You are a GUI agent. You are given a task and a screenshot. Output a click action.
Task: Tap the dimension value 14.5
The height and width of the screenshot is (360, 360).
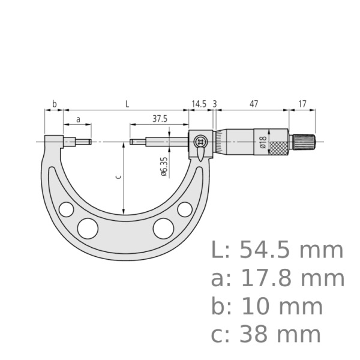point(199,104)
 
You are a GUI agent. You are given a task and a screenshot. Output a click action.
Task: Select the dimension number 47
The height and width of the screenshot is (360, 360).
point(254,104)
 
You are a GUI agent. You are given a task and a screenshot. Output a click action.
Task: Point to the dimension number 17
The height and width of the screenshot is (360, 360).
point(302,104)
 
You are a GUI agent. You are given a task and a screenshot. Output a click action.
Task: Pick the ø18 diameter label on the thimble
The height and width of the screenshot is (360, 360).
point(262,142)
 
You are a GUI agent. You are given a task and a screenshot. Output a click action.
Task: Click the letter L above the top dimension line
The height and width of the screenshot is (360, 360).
point(127,104)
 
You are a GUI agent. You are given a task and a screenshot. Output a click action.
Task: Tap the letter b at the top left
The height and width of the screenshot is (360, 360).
point(54,104)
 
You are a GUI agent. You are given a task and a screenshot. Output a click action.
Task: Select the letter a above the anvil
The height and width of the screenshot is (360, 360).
point(78,119)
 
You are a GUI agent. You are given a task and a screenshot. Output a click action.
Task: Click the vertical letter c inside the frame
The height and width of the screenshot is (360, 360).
point(118,176)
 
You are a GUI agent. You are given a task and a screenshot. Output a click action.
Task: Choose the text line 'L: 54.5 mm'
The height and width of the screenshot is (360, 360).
point(278,250)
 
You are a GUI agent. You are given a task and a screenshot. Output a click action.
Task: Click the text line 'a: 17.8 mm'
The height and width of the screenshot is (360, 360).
point(278,278)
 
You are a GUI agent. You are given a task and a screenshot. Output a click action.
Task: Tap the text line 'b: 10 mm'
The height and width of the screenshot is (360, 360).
point(266,307)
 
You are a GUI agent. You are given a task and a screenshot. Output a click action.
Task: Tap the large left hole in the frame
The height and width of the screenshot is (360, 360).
point(88,228)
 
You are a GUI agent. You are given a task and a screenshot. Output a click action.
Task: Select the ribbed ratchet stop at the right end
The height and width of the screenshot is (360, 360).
point(304,142)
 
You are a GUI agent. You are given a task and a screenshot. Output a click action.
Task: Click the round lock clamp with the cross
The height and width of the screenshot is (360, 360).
point(200,142)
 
